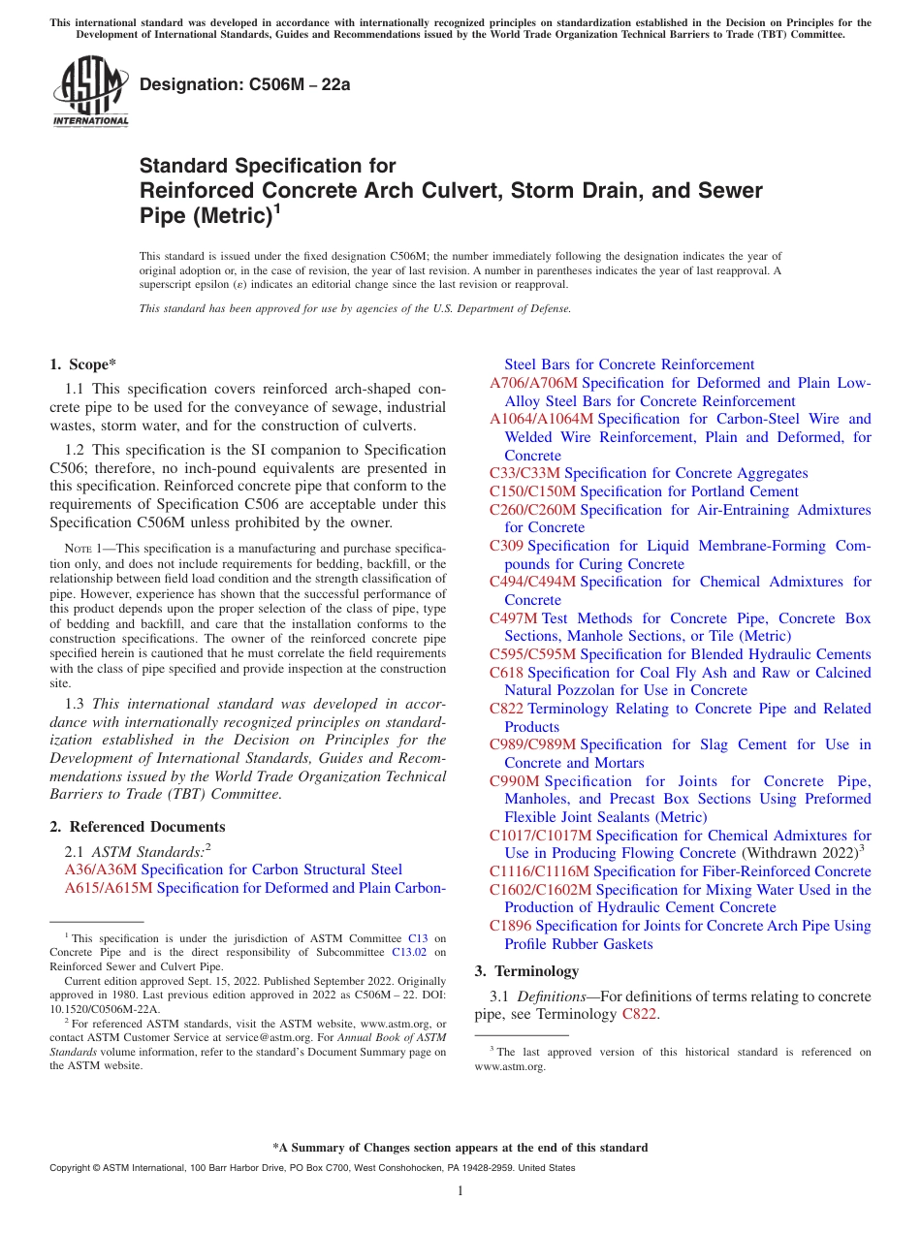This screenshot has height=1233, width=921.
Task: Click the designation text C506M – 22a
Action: pyautogui.click(x=244, y=84)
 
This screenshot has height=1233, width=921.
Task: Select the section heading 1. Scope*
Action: pyautogui.click(x=82, y=364)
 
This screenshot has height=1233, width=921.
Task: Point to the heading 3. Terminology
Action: pyautogui.click(x=524, y=970)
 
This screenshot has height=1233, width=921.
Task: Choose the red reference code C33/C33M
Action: pyautogui.click(x=524, y=473)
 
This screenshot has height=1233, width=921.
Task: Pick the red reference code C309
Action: pyautogui.click(x=506, y=546)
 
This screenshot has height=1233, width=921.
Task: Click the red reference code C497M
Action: pyautogui.click(x=513, y=618)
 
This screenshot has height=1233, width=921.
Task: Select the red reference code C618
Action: pyautogui.click(x=506, y=673)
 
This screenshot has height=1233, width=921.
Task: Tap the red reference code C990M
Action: pyautogui.click(x=514, y=781)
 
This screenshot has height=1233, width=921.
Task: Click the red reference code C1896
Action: pyautogui.click(x=510, y=926)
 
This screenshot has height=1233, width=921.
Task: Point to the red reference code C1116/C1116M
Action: pyautogui.click(x=539, y=871)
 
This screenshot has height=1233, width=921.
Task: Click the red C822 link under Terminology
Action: pyautogui.click(x=639, y=1015)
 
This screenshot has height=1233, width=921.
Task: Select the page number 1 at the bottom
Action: pyautogui.click(x=460, y=1191)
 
